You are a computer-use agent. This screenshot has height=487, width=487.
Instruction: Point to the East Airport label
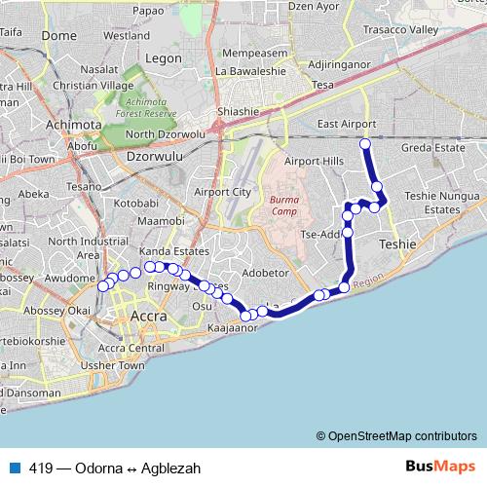[346, 125]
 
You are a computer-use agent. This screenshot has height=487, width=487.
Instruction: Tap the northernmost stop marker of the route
[365, 144]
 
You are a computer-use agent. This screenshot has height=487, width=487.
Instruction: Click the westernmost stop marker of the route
[102, 285]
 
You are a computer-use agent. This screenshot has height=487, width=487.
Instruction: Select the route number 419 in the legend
[41, 468]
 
